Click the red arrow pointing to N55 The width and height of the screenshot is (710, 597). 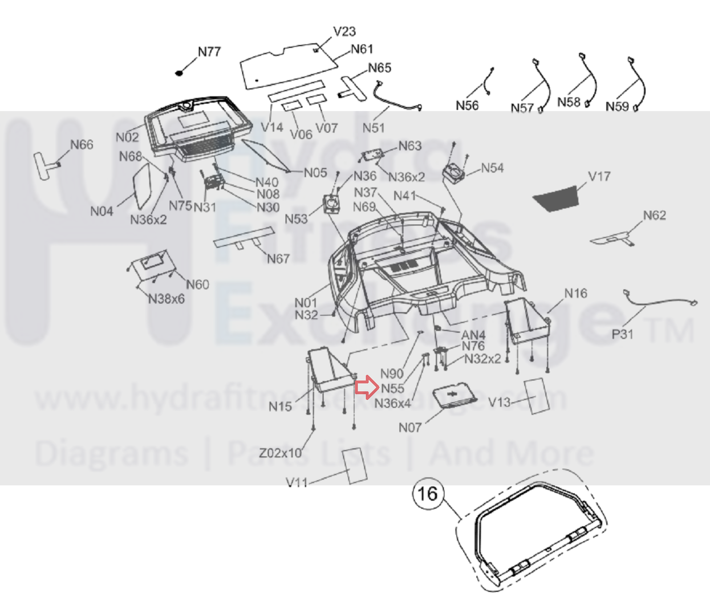(364, 388)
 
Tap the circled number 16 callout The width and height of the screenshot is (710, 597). (428, 494)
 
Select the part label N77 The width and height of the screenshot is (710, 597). (209, 52)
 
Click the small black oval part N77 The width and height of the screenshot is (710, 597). (180, 73)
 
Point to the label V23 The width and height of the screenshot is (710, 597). (344, 32)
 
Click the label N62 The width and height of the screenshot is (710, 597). (654, 216)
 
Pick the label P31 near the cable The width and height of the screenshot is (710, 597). (622, 334)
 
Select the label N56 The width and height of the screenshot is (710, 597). (467, 105)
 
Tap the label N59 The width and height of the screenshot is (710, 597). (617, 107)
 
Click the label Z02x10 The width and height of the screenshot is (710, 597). (280, 453)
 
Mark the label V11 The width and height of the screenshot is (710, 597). (297, 483)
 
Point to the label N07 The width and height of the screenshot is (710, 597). (410, 427)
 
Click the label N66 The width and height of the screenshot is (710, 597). (82, 145)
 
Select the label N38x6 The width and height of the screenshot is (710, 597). (167, 299)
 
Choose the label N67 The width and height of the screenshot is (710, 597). (278, 259)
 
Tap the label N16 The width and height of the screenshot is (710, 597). (575, 294)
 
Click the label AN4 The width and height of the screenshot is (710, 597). (473, 335)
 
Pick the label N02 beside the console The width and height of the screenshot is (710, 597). (127, 137)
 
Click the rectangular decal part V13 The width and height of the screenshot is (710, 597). (537, 395)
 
